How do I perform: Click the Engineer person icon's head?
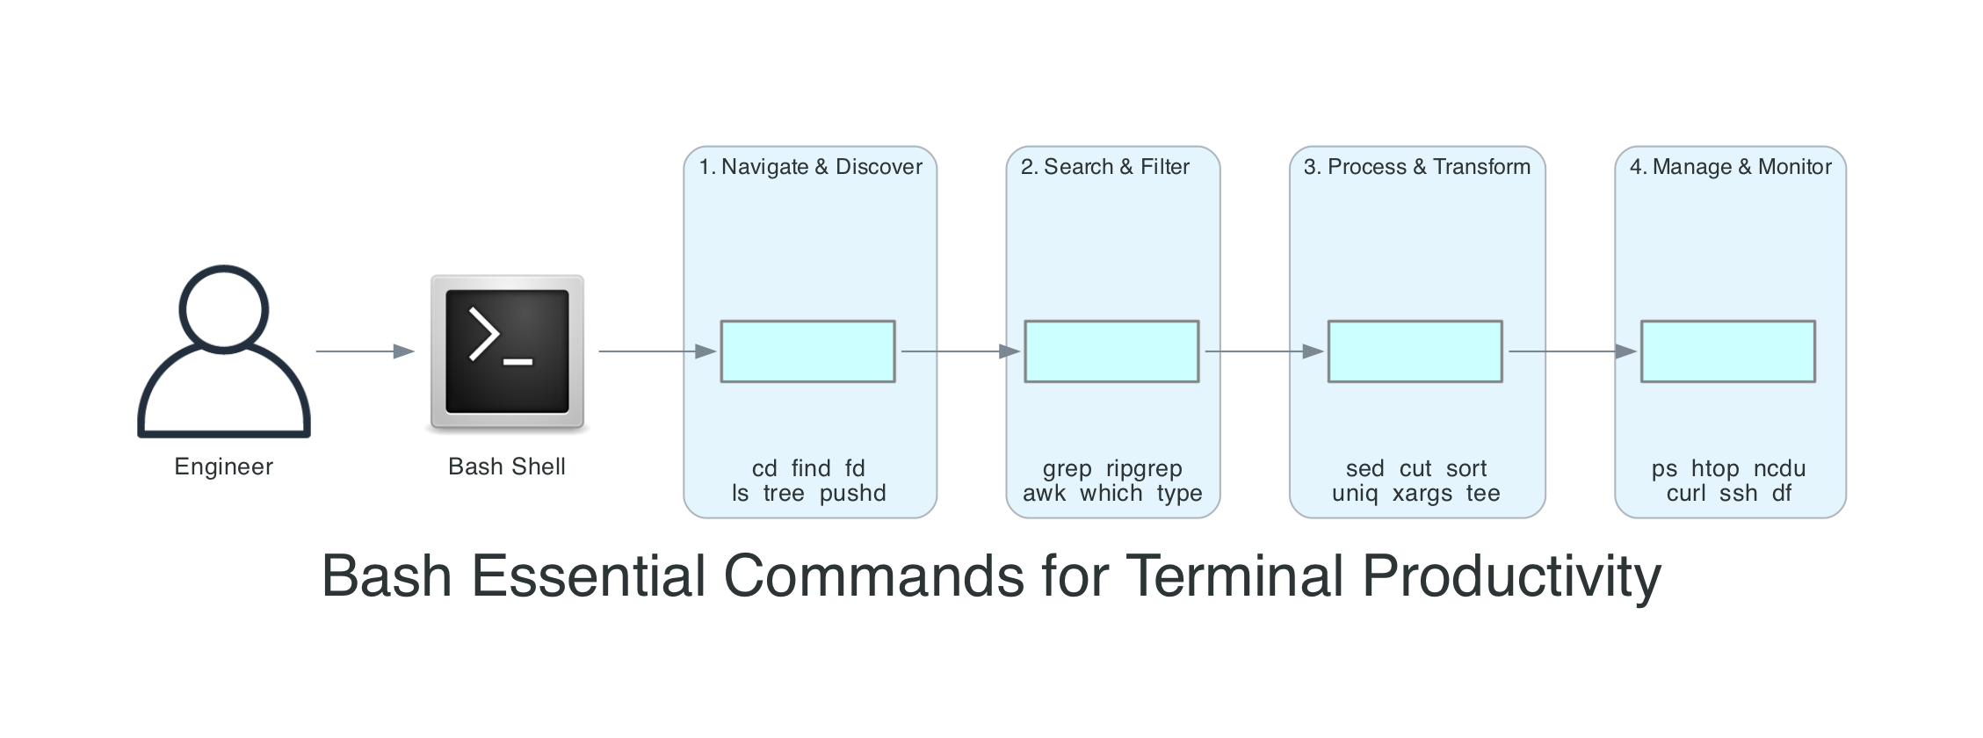(223, 308)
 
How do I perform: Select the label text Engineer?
(223, 467)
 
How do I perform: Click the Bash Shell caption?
(507, 467)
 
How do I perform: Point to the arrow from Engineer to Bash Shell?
(364, 351)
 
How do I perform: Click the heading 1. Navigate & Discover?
(810, 167)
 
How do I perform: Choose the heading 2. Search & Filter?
(1104, 167)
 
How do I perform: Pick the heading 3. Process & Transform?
(1416, 167)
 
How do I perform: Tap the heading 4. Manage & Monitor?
(1730, 167)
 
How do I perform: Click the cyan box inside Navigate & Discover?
(807, 351)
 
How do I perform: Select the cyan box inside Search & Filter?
(1111, 351)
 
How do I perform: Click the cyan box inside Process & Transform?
(1415, 351)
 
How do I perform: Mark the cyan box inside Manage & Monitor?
(1727, 351)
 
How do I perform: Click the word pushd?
(852, 494)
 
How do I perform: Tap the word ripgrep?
(1144, 469)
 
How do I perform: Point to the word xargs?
(1422, 494)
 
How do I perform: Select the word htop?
(1715, 469)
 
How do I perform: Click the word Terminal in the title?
(1234, 576)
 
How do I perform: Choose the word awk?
(1044, 494)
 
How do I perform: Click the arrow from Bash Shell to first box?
(656, 351)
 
